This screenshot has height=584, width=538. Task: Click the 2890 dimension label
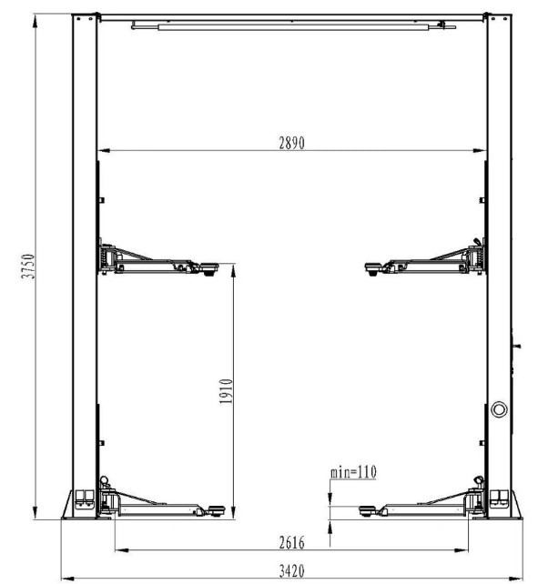(x=291, y=143)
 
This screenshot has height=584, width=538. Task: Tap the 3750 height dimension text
(x=28, y=266)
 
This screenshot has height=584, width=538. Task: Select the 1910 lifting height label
(x=226, y=391)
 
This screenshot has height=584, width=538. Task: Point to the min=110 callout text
(x=353, y=472)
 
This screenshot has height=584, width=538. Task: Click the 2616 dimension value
(x=291, y=543)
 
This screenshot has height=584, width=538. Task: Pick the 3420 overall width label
(x=291, y=570)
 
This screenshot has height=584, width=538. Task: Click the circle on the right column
(x=499, y=409)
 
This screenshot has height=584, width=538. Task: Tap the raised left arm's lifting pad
(x=208, y=268)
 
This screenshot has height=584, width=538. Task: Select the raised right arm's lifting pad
(x=373, y=268)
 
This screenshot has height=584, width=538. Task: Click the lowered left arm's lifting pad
(x=216, y=510)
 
